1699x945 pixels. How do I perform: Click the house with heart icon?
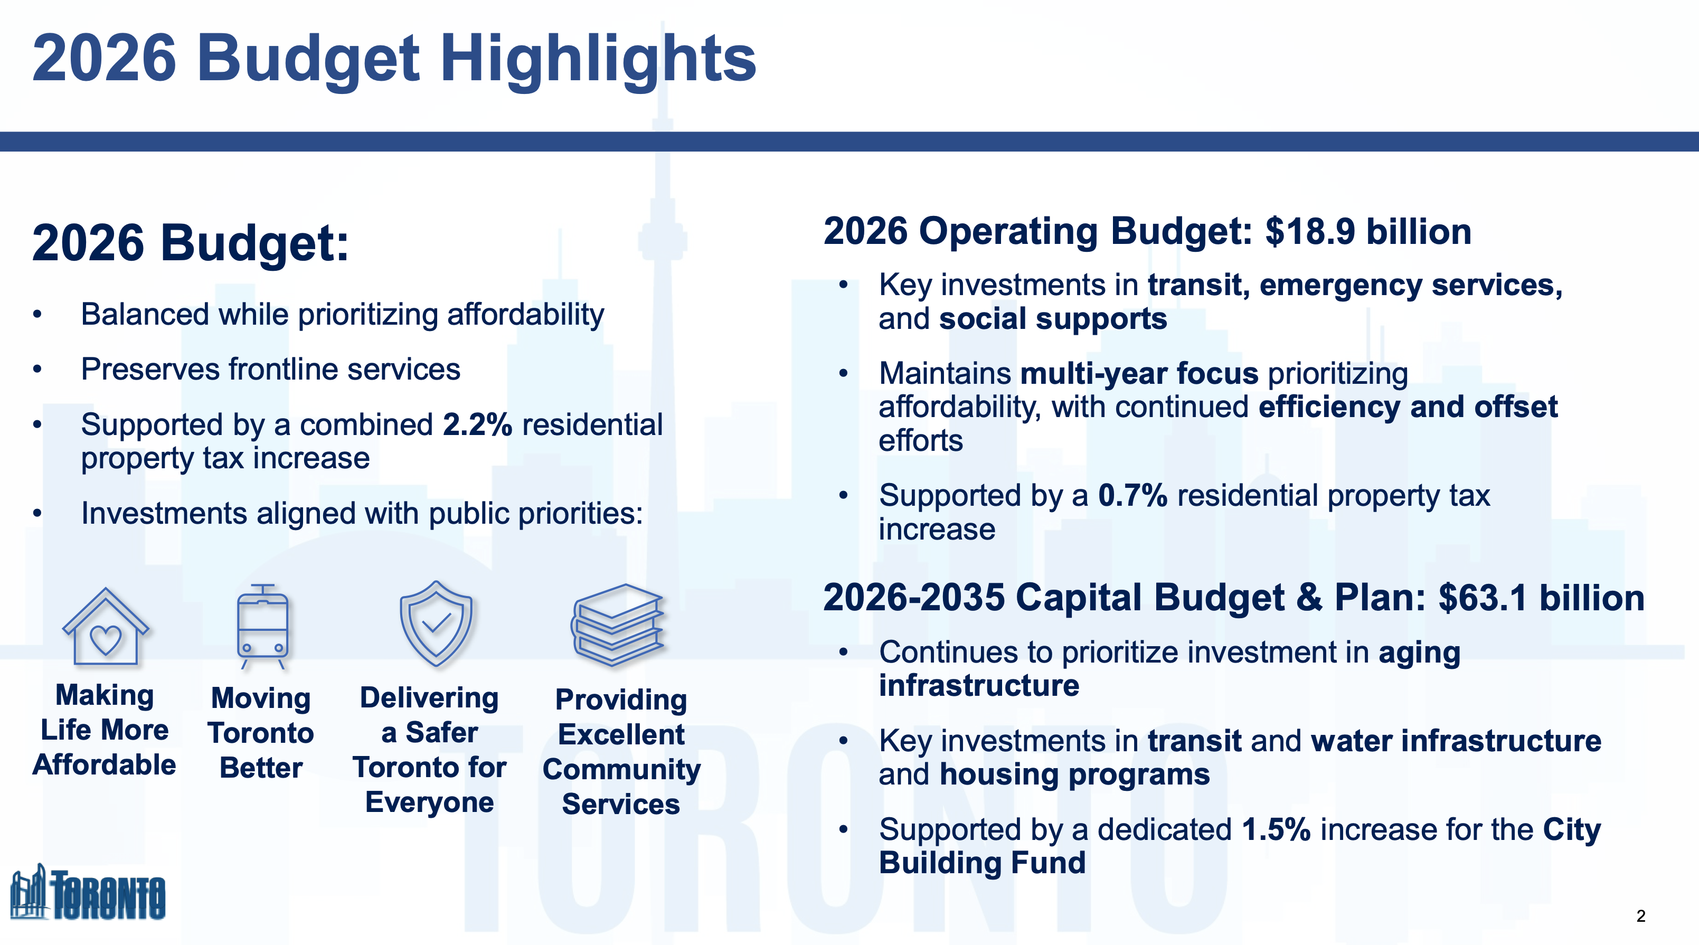(106, 627)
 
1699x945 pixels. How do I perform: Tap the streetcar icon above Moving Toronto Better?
(262, 627)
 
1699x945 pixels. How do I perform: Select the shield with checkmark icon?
(436, 624)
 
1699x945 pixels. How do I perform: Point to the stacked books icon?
(618, 625)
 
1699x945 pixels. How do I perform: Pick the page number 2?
(1640, 916)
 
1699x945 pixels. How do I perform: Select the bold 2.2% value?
(477, 424)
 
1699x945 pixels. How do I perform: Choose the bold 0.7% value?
(1132, 496)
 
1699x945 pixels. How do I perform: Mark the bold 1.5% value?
(1276, 829)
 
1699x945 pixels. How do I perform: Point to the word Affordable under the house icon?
(104, 765)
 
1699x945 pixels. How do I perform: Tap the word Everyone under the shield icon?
(429, 802)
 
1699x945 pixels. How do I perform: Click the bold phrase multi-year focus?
(1139, 374)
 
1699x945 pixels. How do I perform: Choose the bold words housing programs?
(1075, 774)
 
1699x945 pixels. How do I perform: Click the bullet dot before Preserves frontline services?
(37, 370)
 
